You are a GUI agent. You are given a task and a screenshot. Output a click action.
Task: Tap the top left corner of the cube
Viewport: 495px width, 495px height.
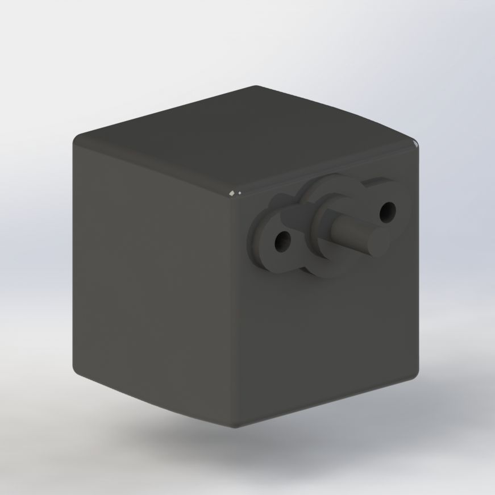tap(77, 139)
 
